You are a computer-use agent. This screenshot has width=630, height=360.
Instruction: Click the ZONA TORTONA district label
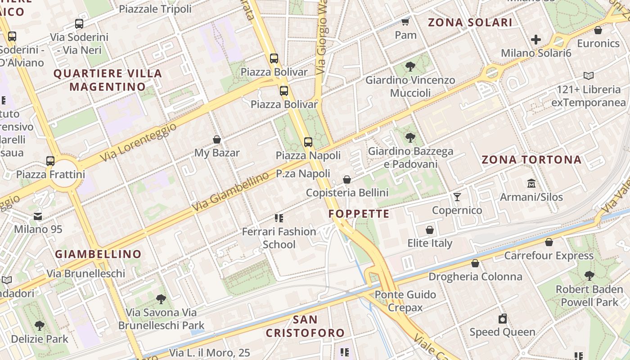point(531,160)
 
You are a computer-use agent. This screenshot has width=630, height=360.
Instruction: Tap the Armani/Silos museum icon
point(531,184)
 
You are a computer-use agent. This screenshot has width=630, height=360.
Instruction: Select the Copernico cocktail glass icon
point(457,197)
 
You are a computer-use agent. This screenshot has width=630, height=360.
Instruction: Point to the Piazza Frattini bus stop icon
point(50,161)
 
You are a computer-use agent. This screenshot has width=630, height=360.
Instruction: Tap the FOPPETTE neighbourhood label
point(359,214)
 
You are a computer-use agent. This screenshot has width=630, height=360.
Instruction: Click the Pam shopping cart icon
point(405,22)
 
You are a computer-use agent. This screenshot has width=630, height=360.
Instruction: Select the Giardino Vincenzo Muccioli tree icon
point(410,67)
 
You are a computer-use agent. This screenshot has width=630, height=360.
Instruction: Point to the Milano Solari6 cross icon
point(536,40)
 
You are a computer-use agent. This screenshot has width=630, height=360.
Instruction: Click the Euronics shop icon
point(598,30)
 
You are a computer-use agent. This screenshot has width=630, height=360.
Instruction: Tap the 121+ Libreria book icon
point(588,76)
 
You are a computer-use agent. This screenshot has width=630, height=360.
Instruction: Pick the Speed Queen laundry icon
point(503,319)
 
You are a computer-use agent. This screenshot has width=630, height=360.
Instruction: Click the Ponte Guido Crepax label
point(405,301)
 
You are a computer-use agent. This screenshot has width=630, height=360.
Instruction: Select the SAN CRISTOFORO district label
point(305,326)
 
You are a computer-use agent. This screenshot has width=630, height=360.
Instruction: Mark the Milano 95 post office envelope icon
point(38,216)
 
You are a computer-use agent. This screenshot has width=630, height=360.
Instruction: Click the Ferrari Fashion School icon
point(279,218)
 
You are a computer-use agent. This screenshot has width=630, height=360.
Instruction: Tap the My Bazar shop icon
point(217,139)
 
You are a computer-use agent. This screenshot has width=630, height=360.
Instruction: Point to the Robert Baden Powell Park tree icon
point(589,276)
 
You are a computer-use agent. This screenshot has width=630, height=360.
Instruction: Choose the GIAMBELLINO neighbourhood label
point(98,254)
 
